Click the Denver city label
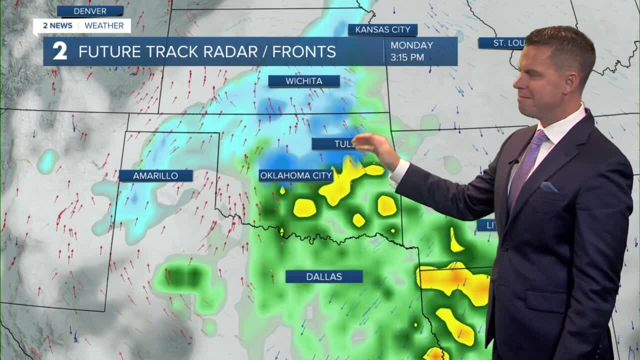[x=90, y=11]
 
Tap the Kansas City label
[x=382, y=30]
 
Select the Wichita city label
[x=304, y=81]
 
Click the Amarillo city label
[x=155, y=176]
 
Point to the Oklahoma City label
[x=296, y=175]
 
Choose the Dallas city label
[x=324, y=276]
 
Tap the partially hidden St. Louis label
[x=502, y=43]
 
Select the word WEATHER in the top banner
[x=104, y=25]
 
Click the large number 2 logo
[x=59, y=51]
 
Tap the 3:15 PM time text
[x=407, y=57]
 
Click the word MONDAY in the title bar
[x=411, y=45]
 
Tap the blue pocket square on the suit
[x=548, y=187]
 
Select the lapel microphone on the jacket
[x=514, y=161]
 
